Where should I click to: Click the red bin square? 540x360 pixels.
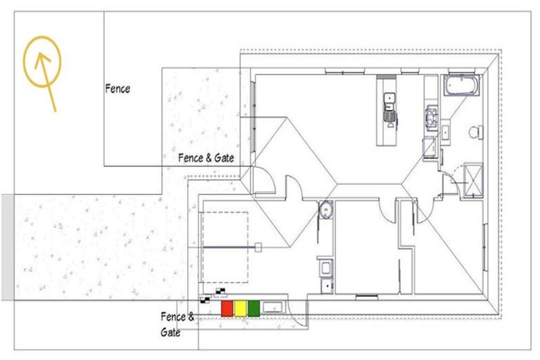click(x=227, y=308)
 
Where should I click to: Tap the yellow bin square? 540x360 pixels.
click(x=240, y=308)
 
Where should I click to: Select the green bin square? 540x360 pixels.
click(x=254, y=308)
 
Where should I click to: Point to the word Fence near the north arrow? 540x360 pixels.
click(x=117, y=89)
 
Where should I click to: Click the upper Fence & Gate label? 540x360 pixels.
click(x=205, y=157)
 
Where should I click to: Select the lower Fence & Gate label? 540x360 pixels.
click(x=173, y=324)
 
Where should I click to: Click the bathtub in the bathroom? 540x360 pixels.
click(x=462, y=87)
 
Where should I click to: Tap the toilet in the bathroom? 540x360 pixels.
click(x=475, y=131)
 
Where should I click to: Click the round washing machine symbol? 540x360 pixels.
click(x=325, y=210)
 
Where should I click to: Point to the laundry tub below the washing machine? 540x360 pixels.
click(x=325, y=268)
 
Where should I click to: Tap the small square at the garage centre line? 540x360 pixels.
click(x=259, y=247)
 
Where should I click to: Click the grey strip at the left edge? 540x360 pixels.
click(x=6, y=247)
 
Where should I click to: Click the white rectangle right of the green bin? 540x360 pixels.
click(x=273, y=307)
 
